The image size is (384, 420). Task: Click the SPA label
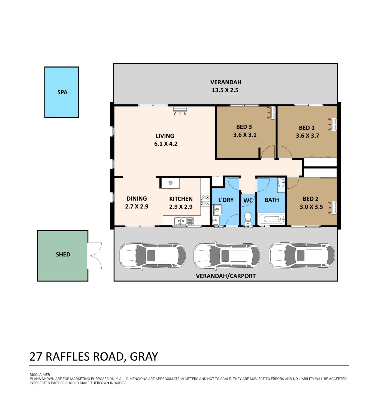[62, 92]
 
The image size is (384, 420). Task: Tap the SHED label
[63, 255]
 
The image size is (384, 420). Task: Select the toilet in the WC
[248, 219]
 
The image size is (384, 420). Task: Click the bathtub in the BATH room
[271, 219]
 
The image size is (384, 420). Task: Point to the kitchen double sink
[184, 221]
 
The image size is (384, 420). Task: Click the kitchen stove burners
[205, 200]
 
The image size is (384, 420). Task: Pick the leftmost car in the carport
[153, 256]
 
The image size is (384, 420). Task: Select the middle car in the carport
[226, 256]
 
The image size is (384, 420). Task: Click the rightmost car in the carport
[302, 256]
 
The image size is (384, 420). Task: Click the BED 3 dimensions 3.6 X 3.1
[245, 135]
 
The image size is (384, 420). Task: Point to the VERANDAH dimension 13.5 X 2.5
[225, 90]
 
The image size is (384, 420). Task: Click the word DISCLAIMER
[40, 375]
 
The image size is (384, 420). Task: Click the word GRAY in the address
[144, 357]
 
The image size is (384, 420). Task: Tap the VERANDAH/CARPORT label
[226, 276]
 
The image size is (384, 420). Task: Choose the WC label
[248, 201]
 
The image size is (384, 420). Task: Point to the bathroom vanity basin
[281, 183]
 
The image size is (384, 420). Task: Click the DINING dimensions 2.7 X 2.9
[137, 207]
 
